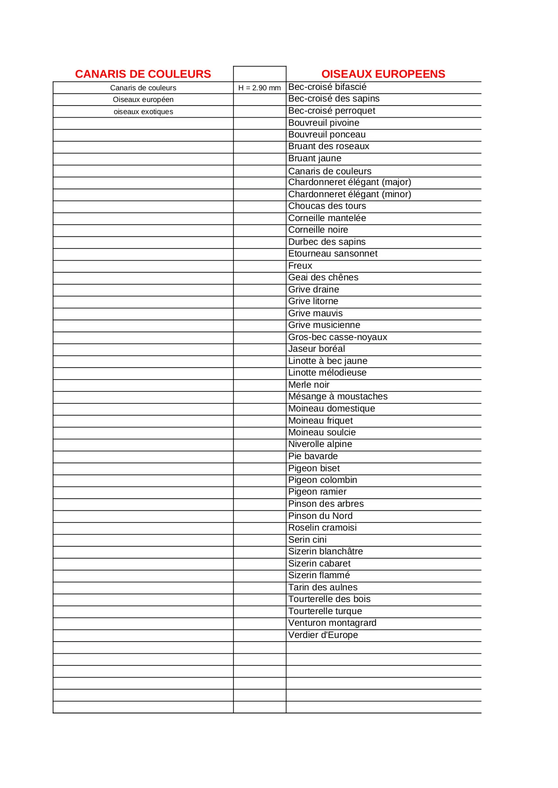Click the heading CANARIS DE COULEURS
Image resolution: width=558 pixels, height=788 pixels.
point(143,74)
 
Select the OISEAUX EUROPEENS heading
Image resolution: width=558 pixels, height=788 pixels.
point(383,74)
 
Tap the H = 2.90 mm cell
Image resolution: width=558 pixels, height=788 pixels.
point(259,88)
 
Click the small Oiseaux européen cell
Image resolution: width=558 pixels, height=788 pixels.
point(143,100)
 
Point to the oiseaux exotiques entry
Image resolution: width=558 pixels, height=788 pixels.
point(143,112)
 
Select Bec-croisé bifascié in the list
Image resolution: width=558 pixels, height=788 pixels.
point(327,87)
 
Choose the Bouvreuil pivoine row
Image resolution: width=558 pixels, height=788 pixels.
point(324,123)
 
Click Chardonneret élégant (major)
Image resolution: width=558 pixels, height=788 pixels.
point(349,182)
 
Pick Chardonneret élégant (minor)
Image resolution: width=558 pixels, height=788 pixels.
point(349,195)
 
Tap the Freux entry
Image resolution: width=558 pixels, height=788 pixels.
point(300,266)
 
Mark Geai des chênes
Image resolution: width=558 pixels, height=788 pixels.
point(323,278)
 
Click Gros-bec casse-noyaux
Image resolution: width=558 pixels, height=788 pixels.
point(337,337)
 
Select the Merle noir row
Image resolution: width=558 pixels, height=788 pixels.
point(309,385)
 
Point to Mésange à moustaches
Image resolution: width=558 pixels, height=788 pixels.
point(338,397)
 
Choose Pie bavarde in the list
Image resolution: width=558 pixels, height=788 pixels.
point(313,456)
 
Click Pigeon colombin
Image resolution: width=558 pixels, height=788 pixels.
point(322,480)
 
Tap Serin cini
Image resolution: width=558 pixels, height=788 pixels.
point(307,540)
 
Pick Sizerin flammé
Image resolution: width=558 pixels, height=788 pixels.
point(319,576)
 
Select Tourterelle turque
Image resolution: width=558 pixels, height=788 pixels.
point(325,611)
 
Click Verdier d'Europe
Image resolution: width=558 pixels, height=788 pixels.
point(323,635)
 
